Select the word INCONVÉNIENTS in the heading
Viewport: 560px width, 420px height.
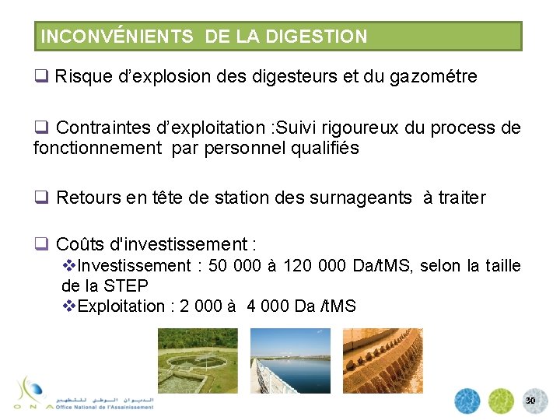click(116, 37)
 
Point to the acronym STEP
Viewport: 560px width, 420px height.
click(125, 285)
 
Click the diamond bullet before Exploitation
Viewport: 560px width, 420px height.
click(69, 306)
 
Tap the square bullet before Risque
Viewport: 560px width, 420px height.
click(40, 77)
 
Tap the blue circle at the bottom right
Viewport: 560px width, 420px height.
click(468, 401)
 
